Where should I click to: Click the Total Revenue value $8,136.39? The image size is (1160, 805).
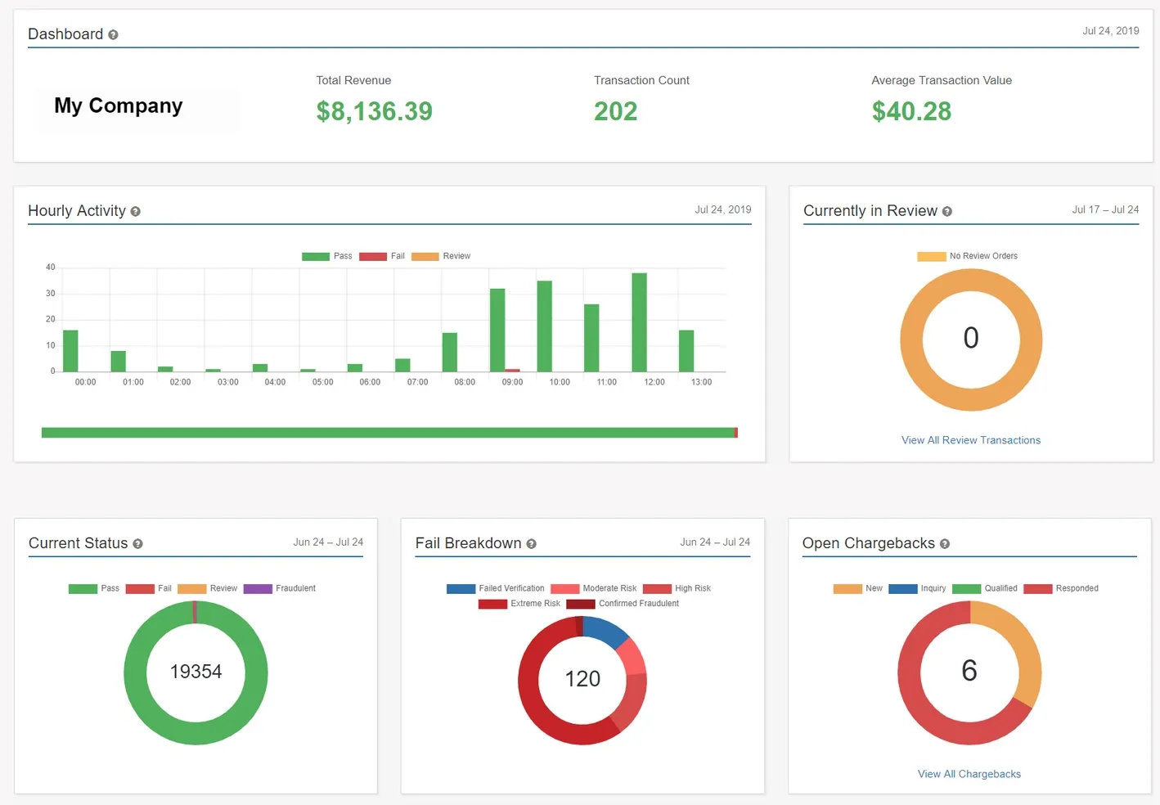[374, 111]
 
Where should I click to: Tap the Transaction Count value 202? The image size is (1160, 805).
[615, 111]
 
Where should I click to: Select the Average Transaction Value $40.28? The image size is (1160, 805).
[911, 111]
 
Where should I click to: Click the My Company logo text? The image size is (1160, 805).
[119, 106]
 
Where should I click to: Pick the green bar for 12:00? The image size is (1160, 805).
[639, 322]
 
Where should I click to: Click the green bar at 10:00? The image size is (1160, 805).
[544, 326]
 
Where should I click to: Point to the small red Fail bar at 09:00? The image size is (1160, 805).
[513, 371]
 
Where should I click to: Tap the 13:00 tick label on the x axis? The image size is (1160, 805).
[701, 382]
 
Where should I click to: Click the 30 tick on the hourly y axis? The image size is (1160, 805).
[51, 293]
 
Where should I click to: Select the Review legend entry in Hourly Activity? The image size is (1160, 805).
[442, 256]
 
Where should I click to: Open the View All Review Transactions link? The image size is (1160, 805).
[970, 440]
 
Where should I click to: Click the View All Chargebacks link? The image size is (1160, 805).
[969, 774]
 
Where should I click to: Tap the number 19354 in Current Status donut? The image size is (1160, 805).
[196, 672]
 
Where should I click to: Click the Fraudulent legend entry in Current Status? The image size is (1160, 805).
[280, 588]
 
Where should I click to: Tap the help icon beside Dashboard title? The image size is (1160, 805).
[113, 34]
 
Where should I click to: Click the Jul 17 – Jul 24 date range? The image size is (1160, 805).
[1104, 209]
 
